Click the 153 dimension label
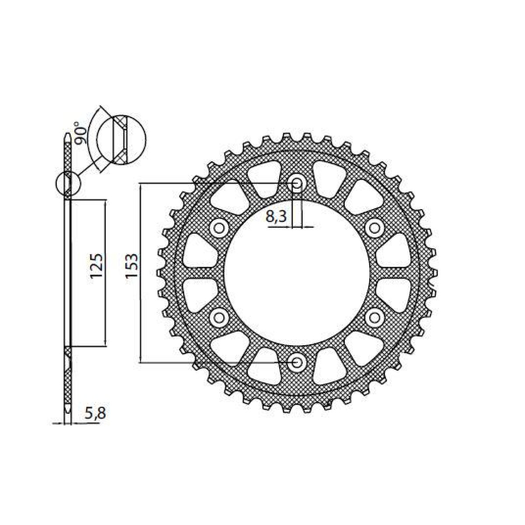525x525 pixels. [131, 266]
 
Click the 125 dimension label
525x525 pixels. [98, 266]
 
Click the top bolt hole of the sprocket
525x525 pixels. [297, 184]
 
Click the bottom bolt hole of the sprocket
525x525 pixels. [297, 362]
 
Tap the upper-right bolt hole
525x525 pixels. [374, 227]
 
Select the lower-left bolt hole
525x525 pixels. [219, 317]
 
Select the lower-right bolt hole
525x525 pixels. [374, 317]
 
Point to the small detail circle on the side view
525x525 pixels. [68, 183]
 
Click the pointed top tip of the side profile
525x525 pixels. [67, 135]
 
